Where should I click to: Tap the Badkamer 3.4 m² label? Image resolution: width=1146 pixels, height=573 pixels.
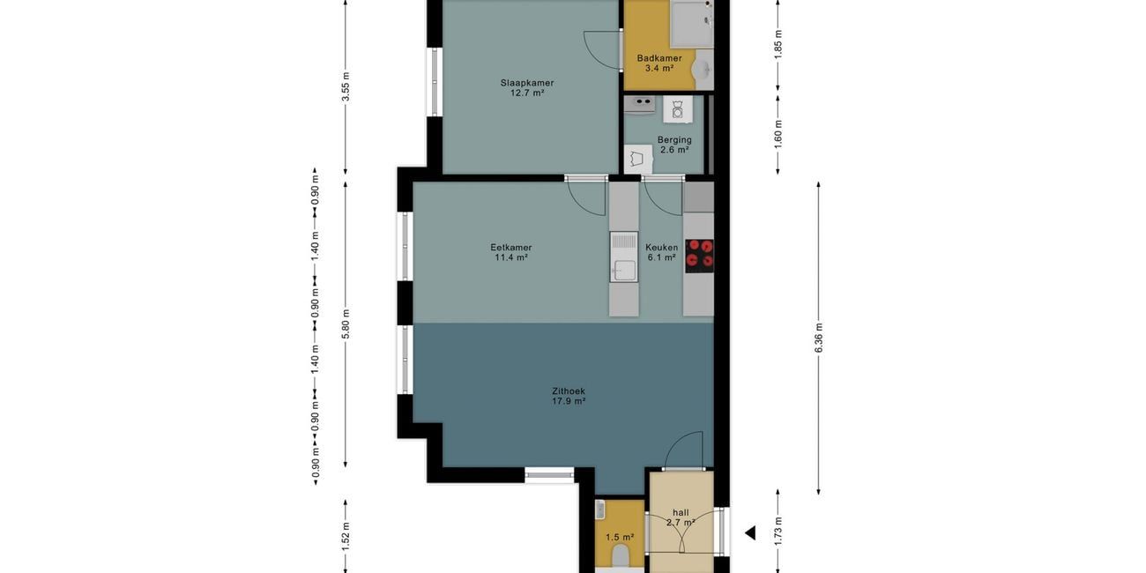coord(659,63)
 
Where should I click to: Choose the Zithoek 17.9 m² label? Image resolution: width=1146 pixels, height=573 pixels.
coord(569,396)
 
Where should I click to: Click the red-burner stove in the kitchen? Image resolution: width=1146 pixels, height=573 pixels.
coord(699,256)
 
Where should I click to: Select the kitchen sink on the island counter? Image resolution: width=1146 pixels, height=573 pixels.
coord(623,257)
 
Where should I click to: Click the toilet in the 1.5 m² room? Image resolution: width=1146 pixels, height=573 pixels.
coord(620,556)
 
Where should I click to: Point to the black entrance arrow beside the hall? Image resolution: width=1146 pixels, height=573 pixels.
coord(750,533)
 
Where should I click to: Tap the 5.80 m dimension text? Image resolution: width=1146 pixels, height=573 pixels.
coord(346,324)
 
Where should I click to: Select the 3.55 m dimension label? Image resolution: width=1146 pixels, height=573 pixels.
coord(346,92)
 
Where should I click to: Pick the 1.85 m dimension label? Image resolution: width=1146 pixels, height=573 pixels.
coord(778,44)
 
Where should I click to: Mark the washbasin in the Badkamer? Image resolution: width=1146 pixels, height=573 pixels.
coord(703,71)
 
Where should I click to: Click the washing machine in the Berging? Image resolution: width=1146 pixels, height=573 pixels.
coord(677,109)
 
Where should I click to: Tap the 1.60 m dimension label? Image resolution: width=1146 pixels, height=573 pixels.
coord(778,133)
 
